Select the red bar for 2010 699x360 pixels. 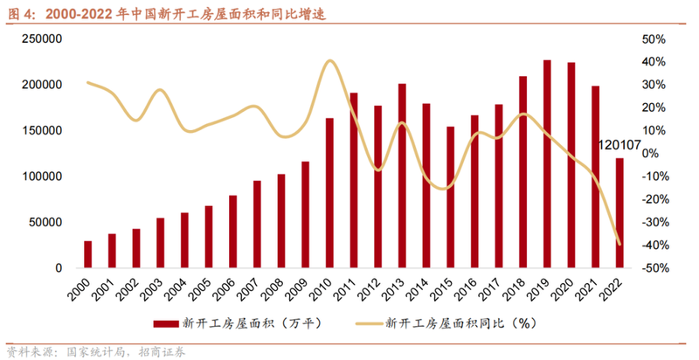coord(329,193)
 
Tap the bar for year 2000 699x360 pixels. coord(87,254)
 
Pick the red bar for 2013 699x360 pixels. coord(402,176)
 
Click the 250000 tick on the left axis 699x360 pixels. coord(41,39)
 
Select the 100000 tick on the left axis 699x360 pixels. coord(41,177)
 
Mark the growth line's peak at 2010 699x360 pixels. coord(329,60)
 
